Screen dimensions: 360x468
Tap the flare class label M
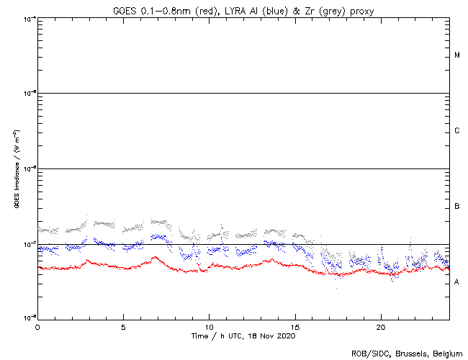[x=457, y=55]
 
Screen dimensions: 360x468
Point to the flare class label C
[x=457, y=131]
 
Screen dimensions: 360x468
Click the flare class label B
[x=457, y=207]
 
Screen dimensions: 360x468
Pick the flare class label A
[x=457, y=282]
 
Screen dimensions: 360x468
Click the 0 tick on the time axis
[x=37, y=326]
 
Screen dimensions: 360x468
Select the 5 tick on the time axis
[x=123, y=326]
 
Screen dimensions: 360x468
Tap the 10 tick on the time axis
[x=209, y=326]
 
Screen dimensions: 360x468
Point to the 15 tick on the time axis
[x=295, y=326]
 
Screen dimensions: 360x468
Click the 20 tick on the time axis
[x=381, y=326]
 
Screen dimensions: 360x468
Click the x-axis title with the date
[x=243, y=336]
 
